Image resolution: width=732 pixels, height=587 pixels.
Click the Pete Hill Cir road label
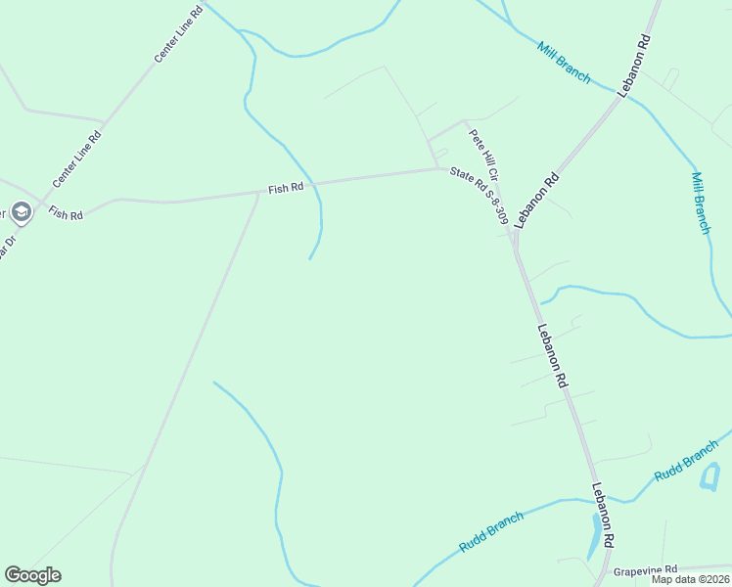pyautogui.click(x=484, y=156)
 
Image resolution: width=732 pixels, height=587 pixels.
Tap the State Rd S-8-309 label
pyautogui.click(x=477, y=199)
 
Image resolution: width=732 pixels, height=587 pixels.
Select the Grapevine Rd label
pyautogui.click(x=645, y=569)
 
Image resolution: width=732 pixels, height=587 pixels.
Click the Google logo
pyautogui.click(x=32, y=575)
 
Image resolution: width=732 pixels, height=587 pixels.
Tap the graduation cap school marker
pyautogui.click(x=21, y=211)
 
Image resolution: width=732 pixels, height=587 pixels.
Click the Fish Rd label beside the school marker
pyautogui.click(x=66, y=213)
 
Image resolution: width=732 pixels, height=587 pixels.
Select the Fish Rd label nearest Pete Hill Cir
pyautogui.click(x=287, y=188)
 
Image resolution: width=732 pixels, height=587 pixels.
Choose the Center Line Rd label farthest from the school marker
pyautogui.click(x=178, y=37)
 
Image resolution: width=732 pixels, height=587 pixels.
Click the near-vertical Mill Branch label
pyautogui.click(x=700, y=203)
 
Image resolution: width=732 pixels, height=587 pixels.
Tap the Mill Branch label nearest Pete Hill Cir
pyautogui.click(x=564, y=63)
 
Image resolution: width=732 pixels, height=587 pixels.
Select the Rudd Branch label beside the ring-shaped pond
pyautogui.click(x=687, y=460)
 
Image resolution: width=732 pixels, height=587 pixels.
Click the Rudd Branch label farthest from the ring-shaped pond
pyautogui.click(x=491, y=531)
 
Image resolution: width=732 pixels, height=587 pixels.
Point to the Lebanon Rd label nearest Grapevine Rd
pyautogui.click(x=603, y=515)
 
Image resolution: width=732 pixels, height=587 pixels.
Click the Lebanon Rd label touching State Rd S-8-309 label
pyautogui.click(x=537, y=199)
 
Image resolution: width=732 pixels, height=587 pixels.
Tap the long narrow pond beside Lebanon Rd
pyautogui.click(x=594, y=536)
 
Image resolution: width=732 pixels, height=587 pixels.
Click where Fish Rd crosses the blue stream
pyautogui.click(x=318, y=183)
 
